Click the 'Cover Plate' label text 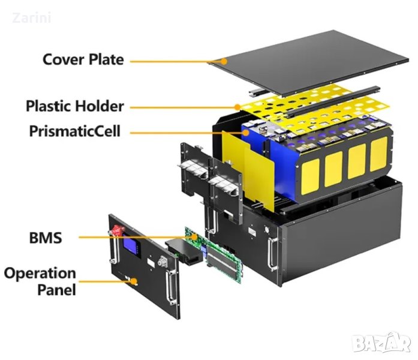[x=83, y=60]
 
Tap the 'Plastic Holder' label [x=74, y=107]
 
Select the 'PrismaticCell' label [x=74, y=131]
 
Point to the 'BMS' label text [x=45, y=238]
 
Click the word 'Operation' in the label [x=40, y=274]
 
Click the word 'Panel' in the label [x=55, y=290]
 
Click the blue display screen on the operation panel [x=130, y=246]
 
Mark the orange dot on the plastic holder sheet [x=237, y=107]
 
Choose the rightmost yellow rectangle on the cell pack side [x=378, y=154]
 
